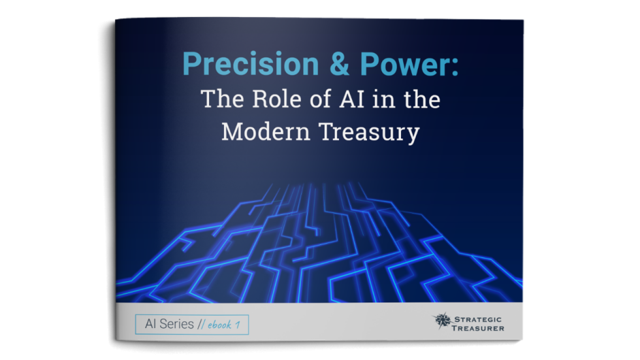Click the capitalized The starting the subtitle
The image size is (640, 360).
pos(221,99)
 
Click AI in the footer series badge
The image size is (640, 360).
pos(149,324)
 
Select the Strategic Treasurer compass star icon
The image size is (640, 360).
pos(441,320)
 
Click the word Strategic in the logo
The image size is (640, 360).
pos(479,316)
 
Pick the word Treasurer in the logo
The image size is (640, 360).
pos(479,327)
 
